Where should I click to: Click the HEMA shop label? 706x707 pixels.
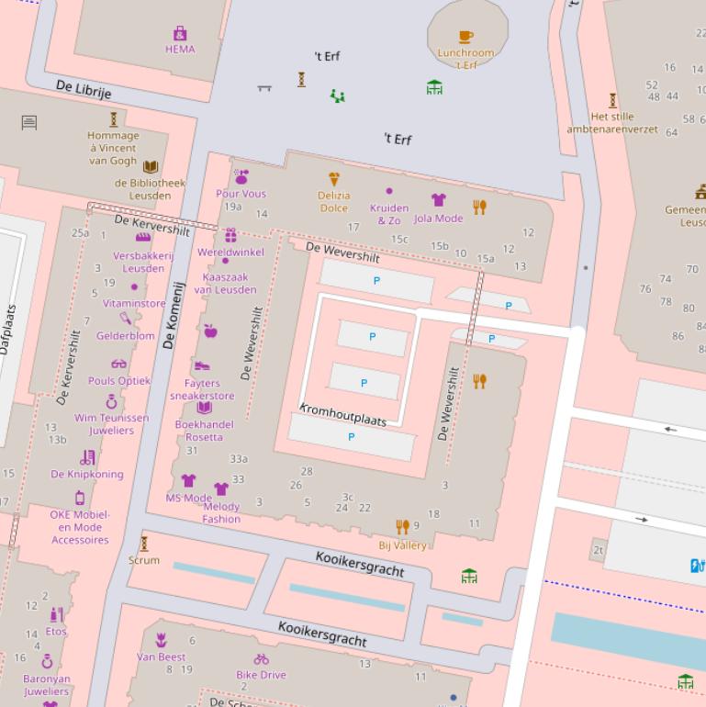[x=180, y=50]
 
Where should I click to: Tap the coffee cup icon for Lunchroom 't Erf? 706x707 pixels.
[x=466, y=37]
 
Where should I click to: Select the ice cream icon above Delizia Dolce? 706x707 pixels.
[x=334, y=180]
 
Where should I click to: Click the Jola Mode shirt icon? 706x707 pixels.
[x=439, y=200]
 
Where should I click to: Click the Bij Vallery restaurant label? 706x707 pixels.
[x=403, y=545]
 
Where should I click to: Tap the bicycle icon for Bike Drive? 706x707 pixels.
[x=262, y=659]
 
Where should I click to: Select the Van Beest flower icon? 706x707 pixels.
[x=162, y=640]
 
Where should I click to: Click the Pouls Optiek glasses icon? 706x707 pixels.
[x=119, y=364]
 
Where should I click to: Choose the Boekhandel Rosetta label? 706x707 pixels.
[x=204, y=431]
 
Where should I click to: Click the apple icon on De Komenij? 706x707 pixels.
[x=210, y=331]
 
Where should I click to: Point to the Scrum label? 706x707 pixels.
[x=144, y=560]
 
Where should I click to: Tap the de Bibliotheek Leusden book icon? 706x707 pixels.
[x=151, y=167]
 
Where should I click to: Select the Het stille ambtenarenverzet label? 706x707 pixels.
[x=612, y=123]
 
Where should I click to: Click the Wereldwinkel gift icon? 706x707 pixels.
[x=230, y=236]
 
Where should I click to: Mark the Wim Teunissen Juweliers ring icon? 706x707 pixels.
[x=111, y=401]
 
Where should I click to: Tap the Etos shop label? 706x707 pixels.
[x=56, y=632]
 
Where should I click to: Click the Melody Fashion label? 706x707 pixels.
[x=221, y=512]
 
